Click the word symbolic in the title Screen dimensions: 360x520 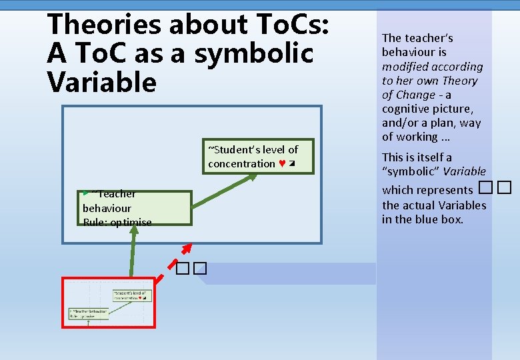point(253,53)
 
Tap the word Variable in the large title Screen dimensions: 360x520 point(101,82)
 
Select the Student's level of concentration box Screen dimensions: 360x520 point(258,157)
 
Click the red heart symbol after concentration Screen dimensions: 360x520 point(283,164)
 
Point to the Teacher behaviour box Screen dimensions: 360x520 point(136,208)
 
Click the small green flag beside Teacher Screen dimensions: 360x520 point(85,193)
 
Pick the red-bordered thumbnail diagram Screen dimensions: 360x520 point(109,303)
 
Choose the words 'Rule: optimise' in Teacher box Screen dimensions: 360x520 point(117,223)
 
